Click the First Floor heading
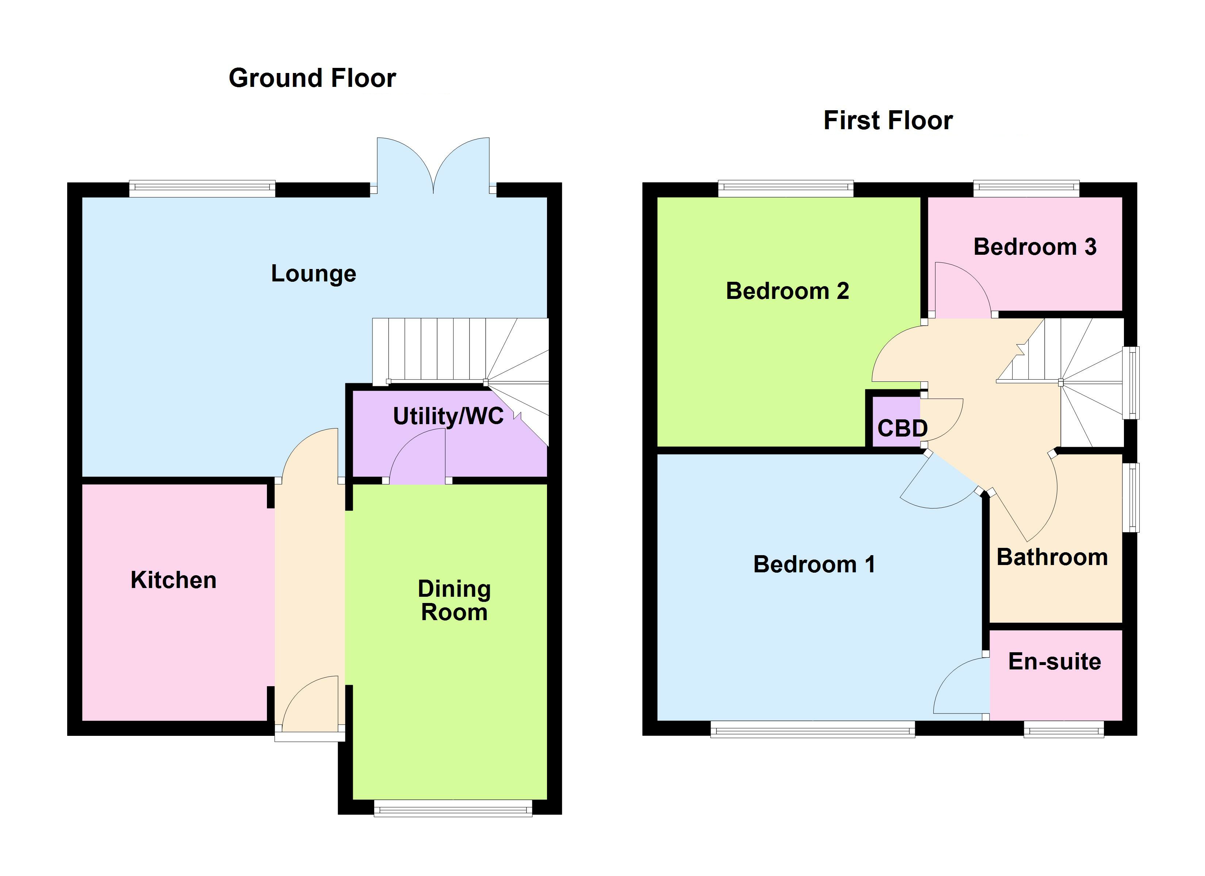pos(888,120)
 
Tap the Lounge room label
pos(313,274)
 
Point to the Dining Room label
pos(454,600)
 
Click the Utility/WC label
pos(448,416)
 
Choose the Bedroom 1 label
pos(814,564)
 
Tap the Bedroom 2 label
pos(787,291)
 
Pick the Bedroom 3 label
pos(1034,247)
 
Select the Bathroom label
pos(1052,557)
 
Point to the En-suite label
pos(1054,661)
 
